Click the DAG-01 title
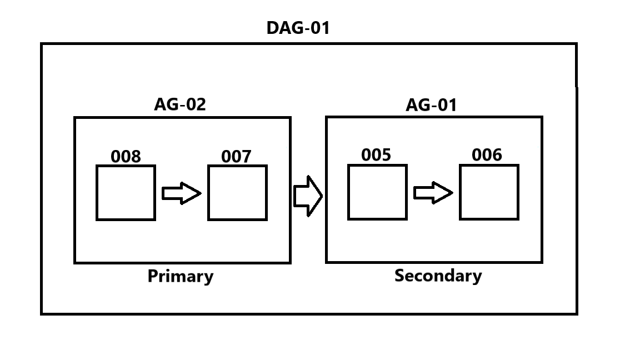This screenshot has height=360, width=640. click(x=298, y=28)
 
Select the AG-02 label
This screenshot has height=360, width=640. click(x=180, y=104)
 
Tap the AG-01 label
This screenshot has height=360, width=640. click(x=431, y=104)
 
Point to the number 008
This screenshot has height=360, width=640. click(x=126, y=157)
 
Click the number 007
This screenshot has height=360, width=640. click(x=236, y=157)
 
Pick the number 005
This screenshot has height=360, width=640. click(x=376, y=155)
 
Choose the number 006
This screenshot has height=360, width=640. click(x=487, y=155)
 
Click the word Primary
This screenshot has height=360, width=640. click(x=180, y=276)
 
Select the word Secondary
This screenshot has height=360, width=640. click(x=438, y=276)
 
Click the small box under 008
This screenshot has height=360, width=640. click(x=126, y=193)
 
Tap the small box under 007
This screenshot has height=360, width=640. click(x=237, y=193)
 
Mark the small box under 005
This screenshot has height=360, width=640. click(x=377, y=192)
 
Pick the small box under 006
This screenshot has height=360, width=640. click(x=489, y=192)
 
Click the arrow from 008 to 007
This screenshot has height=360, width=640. click(x=181, y=193)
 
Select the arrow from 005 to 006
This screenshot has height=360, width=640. click(x=433, y=193)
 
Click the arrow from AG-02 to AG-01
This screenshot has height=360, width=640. click(x=308, y=196)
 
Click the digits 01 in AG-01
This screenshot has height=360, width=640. click(x=447, y=104)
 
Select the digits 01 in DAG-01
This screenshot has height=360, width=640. click(x=319, y=28)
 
